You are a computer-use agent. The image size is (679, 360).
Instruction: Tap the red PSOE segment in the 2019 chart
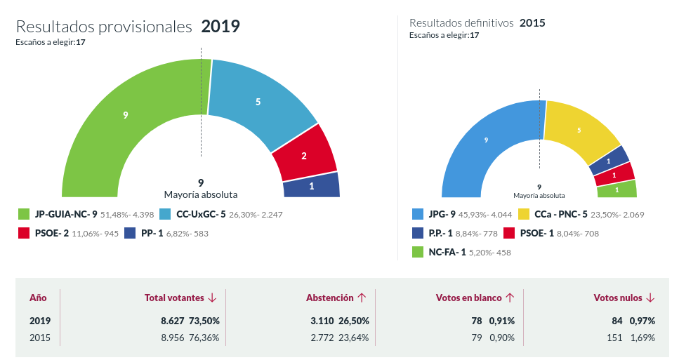coord(304,155)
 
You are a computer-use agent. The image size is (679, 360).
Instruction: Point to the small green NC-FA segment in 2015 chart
coord(617,189)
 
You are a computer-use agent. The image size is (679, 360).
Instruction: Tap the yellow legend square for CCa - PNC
coord(523,214)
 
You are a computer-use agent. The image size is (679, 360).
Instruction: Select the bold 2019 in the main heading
coord(220,27)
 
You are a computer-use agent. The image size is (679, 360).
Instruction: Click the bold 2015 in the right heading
coord(532,22)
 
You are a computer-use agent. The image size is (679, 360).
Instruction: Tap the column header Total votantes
coord(175,298)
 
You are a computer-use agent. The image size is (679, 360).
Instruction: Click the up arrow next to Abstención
coord(362,298)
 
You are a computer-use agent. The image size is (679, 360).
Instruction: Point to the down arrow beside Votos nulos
coord(650,298)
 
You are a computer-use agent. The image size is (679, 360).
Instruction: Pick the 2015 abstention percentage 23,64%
coord(353,338)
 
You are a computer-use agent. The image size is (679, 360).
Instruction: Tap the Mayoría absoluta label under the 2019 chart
coord(201,194)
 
